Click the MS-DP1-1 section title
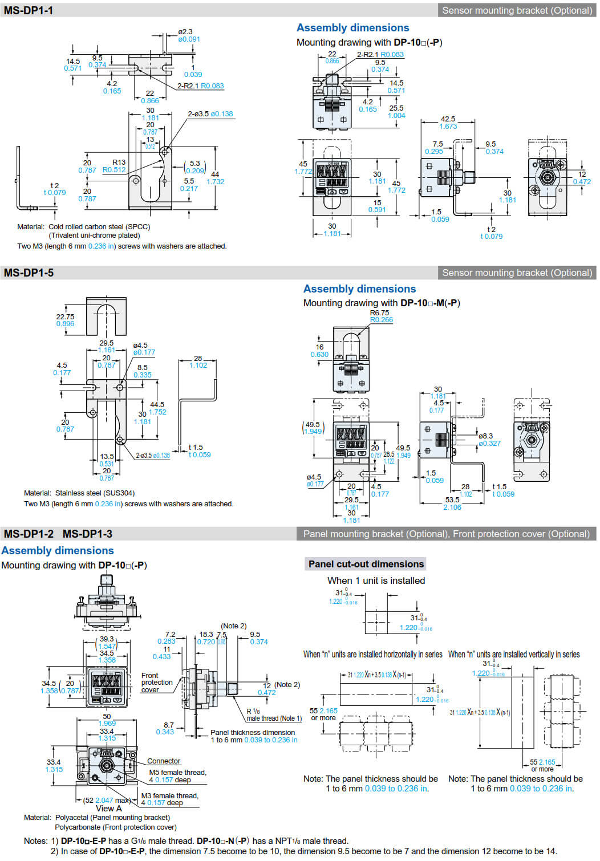(29, 10)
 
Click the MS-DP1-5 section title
(29, 273)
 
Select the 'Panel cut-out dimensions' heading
(366, 564)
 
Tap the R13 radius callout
(119, 163)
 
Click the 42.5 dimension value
(448, 119)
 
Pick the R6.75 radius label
(379, 313)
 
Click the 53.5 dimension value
(452, 499)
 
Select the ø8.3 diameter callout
(485, 436)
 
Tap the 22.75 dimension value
(65, 317)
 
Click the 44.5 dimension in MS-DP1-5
(157, 405)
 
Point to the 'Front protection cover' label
(157, 683)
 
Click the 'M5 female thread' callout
(177, 773)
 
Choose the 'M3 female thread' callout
(169, 796)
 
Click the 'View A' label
(108, 809)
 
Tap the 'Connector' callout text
(164, 761)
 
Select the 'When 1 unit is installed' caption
(376, 580)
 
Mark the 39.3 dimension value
(107, 639)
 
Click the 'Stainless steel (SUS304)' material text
(95, 493)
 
